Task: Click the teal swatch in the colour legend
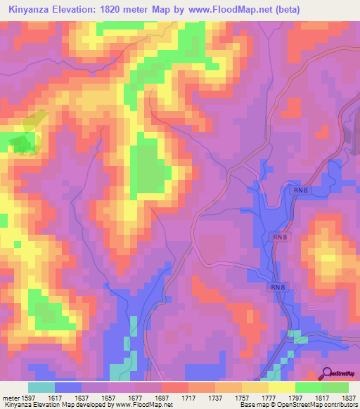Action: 41,387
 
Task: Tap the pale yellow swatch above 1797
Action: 281,387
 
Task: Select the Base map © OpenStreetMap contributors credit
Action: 297,405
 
